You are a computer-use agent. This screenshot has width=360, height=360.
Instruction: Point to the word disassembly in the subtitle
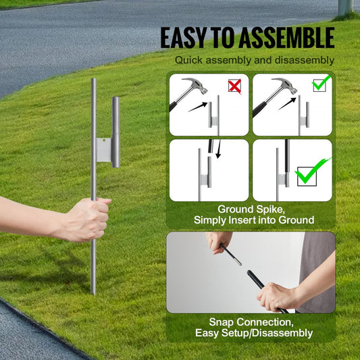pyautogui.click(x=304, y=61)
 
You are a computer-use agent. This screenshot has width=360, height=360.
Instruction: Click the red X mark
pyautogui.click(x=234, y=86)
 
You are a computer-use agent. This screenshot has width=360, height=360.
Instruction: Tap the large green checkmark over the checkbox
pyautogui.click(x=313, y=170)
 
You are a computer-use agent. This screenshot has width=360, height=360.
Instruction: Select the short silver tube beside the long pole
pyautogui.click(x=115, y=132)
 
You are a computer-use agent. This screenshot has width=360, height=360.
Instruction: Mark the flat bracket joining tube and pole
pyautogui.click(x=103, y=150)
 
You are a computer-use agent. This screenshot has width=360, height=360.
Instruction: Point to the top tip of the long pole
pyautogui.click(x=93, y=80)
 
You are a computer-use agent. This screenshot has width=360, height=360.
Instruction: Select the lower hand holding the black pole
pyautogui.click(x=277, y=295)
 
